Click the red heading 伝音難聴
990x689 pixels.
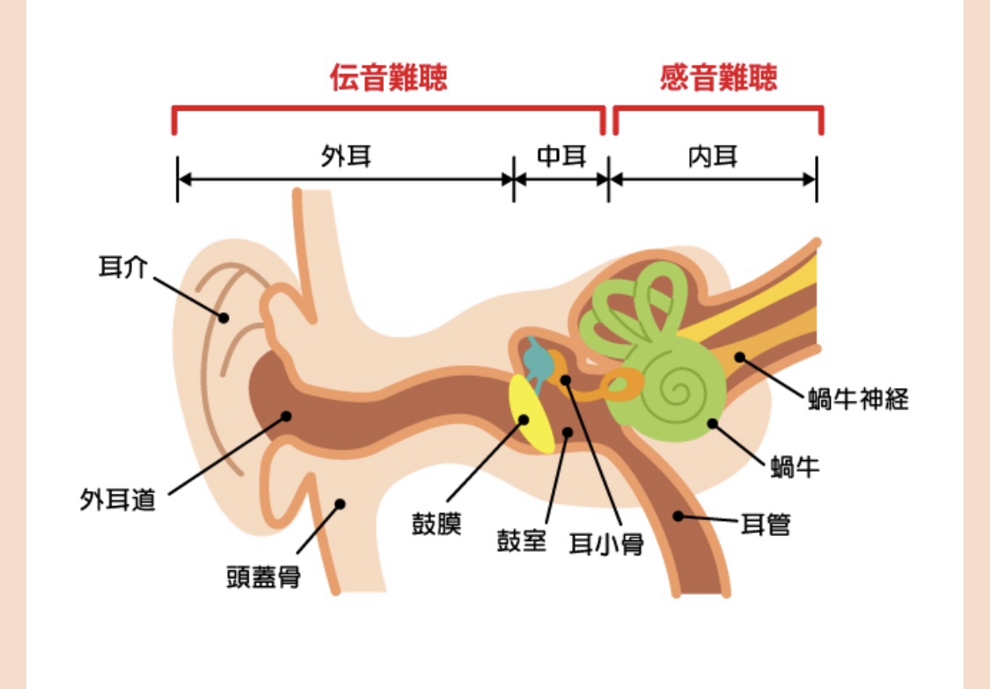(x=389, y=78)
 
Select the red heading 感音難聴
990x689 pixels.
(x=718, y=78)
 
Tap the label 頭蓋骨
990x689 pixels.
(x=264, y=576)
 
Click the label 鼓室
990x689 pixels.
(x=522, y=539)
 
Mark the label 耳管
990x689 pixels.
(x=765, y=525)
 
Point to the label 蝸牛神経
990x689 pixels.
(x=858, y=400)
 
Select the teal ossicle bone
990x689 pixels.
(x=536, y=357)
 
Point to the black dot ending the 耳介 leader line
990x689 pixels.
(x=224, y=317)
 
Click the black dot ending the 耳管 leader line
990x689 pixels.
(x=678, y=515)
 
